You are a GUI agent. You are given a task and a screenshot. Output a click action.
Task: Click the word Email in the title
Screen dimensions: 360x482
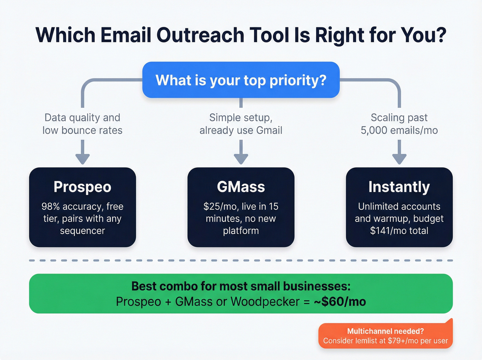(x=126, y=35)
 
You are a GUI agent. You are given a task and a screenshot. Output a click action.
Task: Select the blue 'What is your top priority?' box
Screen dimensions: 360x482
(x=241, y=80)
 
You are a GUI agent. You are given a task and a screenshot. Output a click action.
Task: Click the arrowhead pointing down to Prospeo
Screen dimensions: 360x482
(x=83, y=159)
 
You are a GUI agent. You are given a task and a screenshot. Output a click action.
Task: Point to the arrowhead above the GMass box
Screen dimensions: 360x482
(x=241, y=159)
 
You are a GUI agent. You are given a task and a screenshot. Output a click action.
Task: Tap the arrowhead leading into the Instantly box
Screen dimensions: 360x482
(x=399, y=159)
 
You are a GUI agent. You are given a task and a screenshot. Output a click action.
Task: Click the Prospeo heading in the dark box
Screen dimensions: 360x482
(x=83, y=187)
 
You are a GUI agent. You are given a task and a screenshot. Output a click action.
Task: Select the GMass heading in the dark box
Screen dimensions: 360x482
(x=241, y=187)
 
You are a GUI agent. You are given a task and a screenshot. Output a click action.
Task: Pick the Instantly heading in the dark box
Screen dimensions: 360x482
(x=399, y=187)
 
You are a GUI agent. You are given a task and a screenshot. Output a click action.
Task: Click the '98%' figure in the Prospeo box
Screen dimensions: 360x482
(x=51, y=206)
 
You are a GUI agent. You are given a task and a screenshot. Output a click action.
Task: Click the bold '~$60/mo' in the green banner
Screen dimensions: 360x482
(x=340, y=302)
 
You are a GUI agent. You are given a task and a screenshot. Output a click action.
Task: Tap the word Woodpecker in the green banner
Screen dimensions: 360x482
(x=265, y=302)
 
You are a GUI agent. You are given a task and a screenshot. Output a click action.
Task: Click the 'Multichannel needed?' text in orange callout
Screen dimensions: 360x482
(x=385, y=331)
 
